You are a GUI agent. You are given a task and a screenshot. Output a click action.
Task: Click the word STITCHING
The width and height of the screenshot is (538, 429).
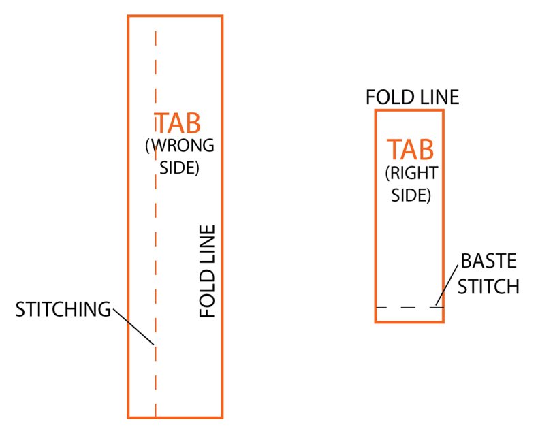coord(63,309)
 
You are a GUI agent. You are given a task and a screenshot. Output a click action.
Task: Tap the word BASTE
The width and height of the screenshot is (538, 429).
coord(489,261)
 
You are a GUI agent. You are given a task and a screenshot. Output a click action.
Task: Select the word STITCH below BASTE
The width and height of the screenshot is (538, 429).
coord(488,286)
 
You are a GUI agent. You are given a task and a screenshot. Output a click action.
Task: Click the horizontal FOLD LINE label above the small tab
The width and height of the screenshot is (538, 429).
coord(413,97)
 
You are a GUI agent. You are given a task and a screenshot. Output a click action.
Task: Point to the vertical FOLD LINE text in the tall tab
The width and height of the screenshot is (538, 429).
coord(208,271)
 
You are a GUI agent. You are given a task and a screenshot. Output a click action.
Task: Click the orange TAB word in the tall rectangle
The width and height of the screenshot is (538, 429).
coord(178,123)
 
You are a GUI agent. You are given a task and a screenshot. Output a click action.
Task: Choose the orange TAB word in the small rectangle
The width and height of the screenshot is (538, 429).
coord(411,149)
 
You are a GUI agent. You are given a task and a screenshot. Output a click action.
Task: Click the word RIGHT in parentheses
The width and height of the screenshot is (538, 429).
coord(413,173)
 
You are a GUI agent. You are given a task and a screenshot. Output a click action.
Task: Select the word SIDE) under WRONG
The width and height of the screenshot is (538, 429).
coord(179,167)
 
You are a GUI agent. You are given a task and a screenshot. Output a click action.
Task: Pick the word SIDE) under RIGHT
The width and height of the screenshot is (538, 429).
coord(411,195)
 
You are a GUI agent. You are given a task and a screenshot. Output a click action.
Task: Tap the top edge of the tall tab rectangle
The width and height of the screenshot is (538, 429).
coord(175,16)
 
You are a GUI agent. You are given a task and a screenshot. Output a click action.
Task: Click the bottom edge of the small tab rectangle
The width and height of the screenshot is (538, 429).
coord(409,321)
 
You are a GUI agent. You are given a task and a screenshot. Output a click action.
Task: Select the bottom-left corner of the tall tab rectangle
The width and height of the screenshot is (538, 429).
coord(129,417)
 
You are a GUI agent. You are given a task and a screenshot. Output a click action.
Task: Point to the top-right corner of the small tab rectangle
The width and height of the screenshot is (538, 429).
coord(443,110)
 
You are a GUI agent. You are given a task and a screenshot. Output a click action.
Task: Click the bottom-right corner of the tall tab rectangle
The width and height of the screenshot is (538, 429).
coord(222,417)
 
